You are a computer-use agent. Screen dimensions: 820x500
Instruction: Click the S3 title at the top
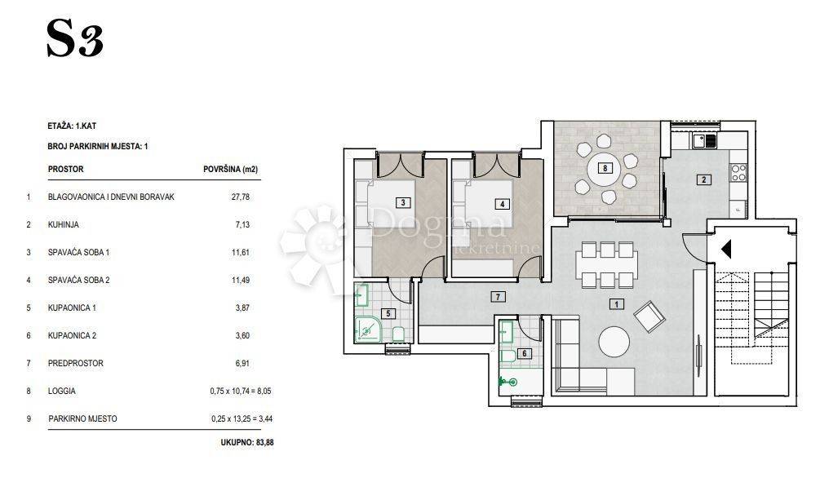(75, 38)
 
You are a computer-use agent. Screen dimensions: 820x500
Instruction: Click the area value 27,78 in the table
(241, 197)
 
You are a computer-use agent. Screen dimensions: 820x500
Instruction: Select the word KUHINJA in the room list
(64, 225)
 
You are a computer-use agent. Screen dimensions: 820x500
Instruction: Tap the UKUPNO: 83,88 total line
(247, 442)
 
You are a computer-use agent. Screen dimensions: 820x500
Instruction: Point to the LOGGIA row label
(62, 392)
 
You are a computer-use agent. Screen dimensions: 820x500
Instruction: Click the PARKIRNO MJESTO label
(82, 419)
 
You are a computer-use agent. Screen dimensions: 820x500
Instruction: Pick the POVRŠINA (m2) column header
(230, 170)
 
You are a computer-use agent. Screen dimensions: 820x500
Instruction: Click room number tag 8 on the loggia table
(605, 168)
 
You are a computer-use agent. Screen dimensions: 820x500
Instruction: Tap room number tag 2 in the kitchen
(703, 180)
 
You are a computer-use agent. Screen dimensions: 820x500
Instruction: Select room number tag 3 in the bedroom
(403, 202)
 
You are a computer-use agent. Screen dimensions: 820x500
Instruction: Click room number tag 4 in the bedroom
(502, 204)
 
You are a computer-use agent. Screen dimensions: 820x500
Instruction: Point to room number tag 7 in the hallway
(498, 297)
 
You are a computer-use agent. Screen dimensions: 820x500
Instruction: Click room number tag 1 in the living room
(617, 304)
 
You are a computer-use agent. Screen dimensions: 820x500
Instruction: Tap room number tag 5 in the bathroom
(388, 314)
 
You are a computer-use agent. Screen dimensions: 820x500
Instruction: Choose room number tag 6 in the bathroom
(525, 353)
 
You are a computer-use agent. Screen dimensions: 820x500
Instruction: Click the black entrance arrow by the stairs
(726, 249)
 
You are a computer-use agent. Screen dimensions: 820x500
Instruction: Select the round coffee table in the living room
(614, 343)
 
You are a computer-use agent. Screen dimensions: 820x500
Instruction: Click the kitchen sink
(704, 140)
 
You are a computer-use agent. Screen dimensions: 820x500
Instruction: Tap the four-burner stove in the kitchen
(738, 172)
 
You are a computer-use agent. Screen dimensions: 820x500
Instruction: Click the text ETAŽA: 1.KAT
(72, 126)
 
